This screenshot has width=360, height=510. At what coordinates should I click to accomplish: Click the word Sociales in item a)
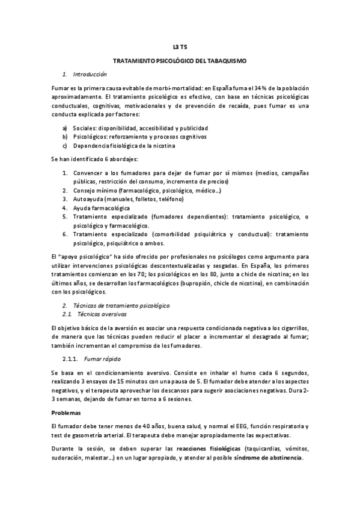84,128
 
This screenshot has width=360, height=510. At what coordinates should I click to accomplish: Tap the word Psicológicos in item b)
90,137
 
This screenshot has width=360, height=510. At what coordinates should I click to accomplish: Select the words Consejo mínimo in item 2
95,190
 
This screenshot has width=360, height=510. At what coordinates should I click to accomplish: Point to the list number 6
65,234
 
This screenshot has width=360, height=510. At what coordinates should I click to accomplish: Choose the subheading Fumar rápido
100,358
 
